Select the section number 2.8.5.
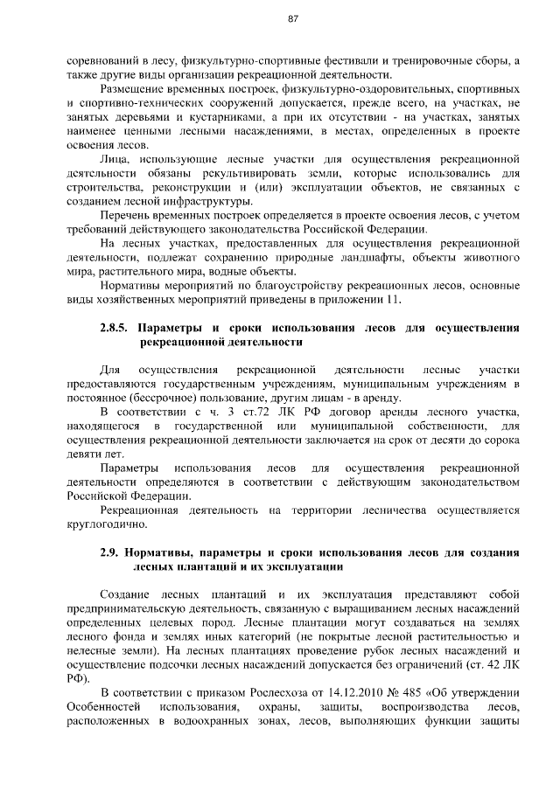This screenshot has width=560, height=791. click(x=115, y=330)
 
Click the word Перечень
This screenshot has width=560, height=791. click(x=129, y=215)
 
